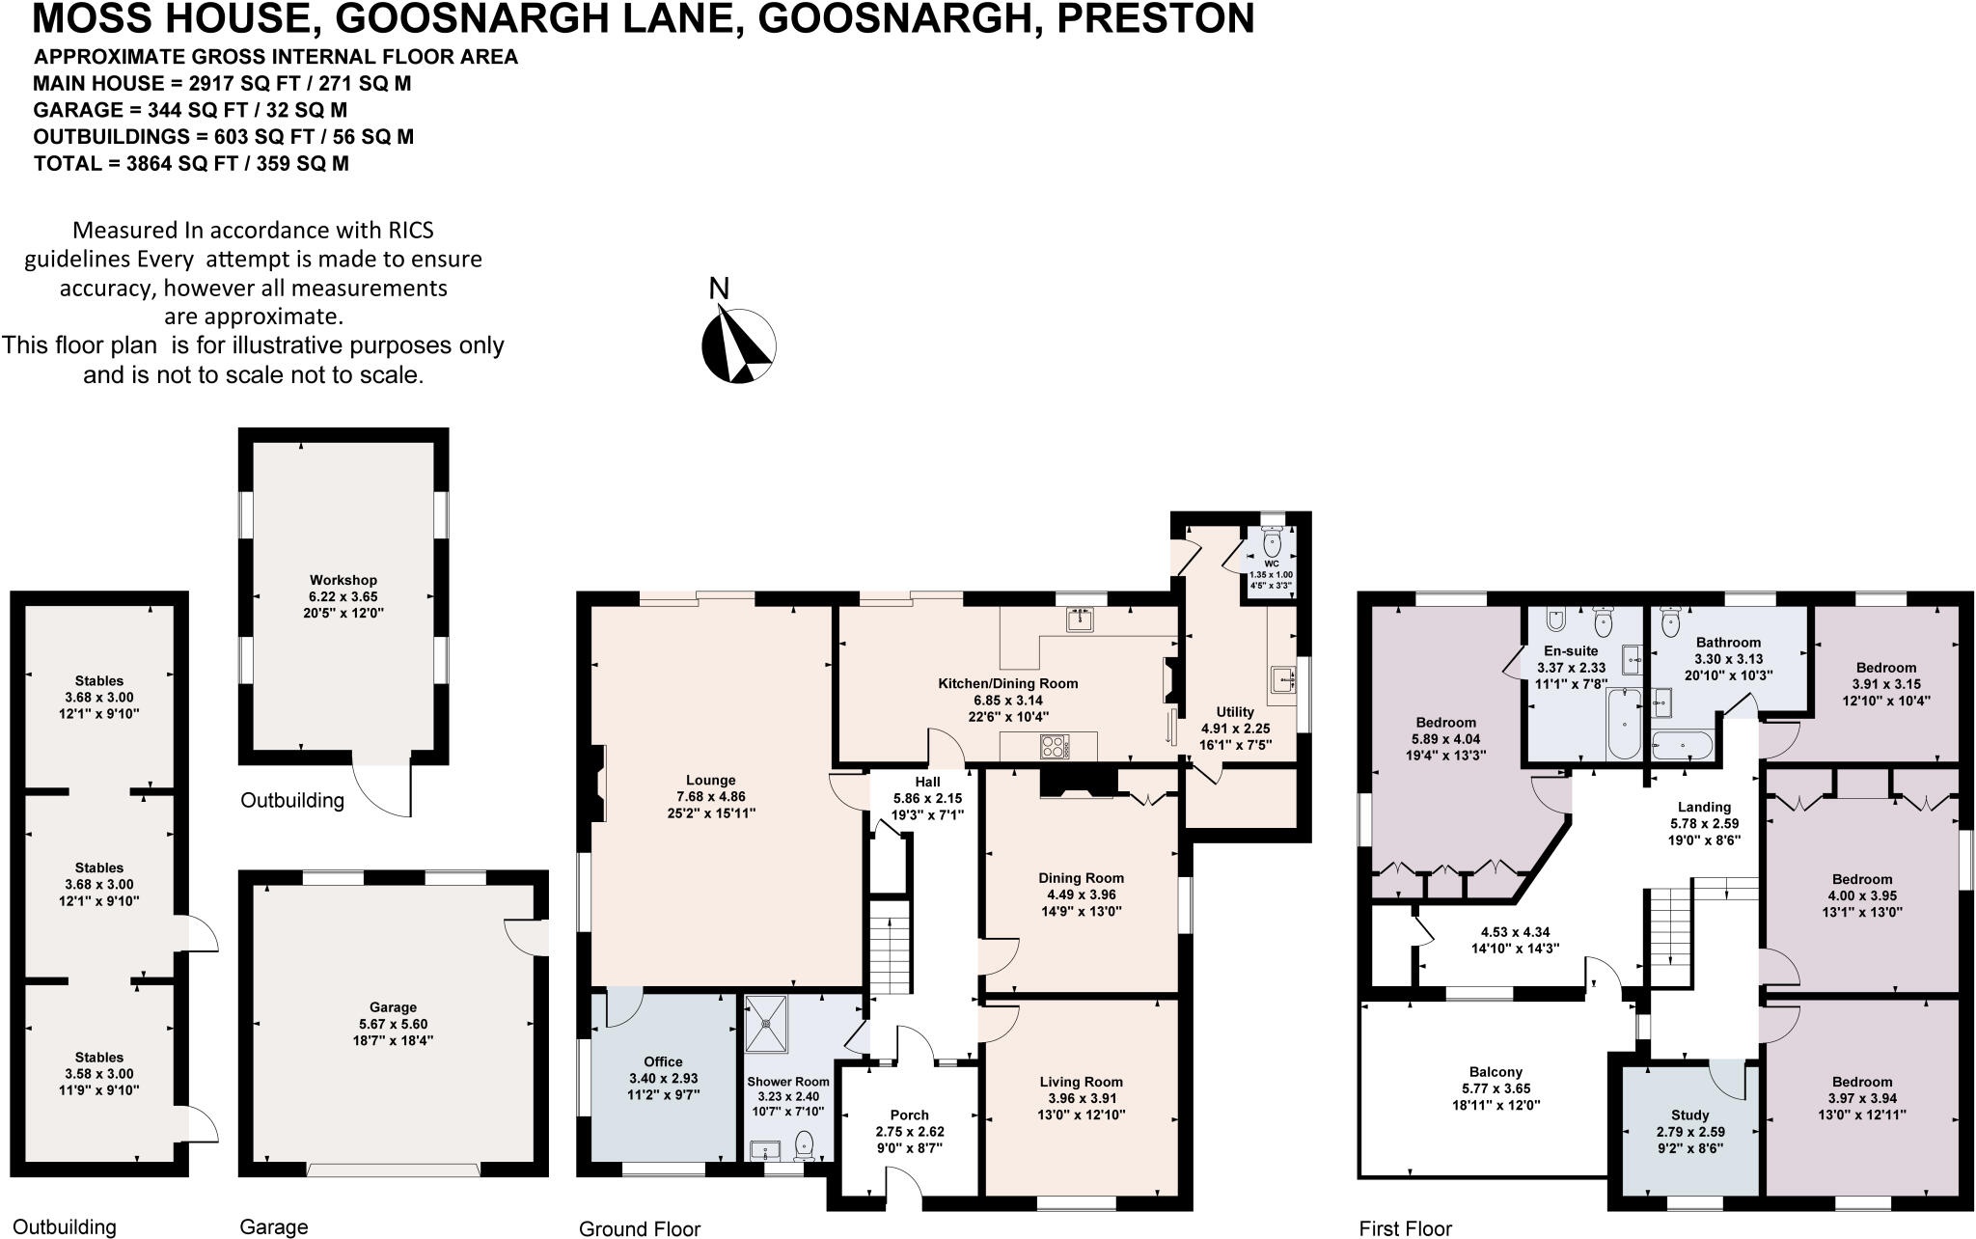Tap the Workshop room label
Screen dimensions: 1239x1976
343,580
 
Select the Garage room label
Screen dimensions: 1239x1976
393,1007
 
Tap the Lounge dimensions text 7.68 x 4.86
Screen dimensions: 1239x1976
710,797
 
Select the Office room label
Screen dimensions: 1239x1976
663,1061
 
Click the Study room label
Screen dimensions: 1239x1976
1689,1115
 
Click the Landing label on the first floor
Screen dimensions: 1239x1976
1705,807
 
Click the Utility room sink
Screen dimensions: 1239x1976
1284,679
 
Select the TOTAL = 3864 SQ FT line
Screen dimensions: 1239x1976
191,164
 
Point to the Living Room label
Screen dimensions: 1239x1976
1081,1082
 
